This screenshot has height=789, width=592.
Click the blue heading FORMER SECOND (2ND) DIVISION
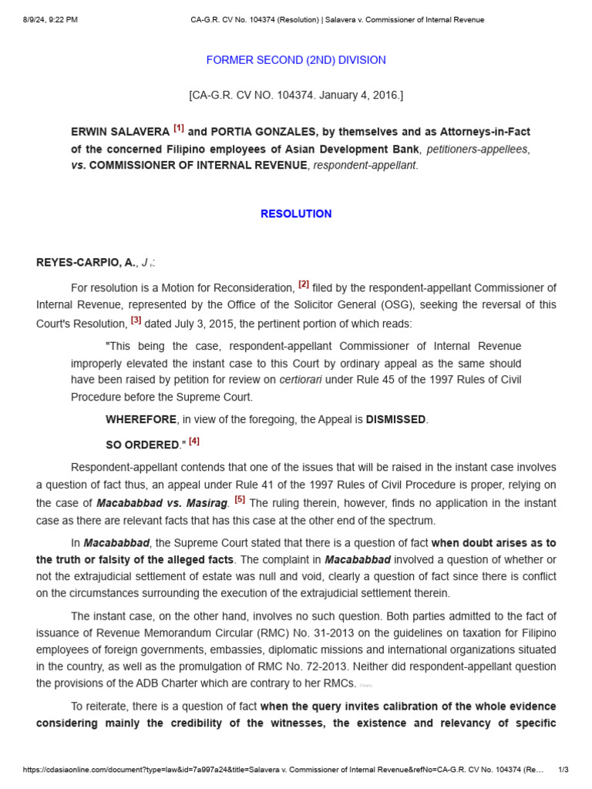(296, 60)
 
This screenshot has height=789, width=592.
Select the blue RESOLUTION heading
(296, 214)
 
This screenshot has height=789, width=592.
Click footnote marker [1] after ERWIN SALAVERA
(179, 129)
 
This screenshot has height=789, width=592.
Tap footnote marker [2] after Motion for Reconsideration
(304, 285)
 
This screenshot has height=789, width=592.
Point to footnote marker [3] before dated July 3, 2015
(136, 321)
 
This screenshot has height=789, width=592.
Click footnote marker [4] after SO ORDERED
(194, 442)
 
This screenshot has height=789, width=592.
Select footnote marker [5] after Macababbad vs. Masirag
(240, 500)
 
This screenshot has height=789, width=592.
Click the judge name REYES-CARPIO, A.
(86, 263)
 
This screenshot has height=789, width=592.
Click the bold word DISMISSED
(395, 420)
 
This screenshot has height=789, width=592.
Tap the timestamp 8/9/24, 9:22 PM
(50, 20)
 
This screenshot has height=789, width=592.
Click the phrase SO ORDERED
(143, 445)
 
